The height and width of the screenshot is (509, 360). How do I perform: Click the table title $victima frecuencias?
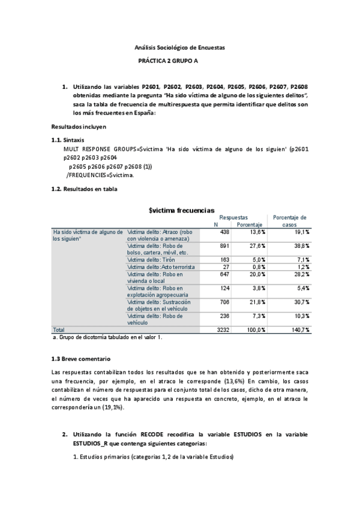(181, 211)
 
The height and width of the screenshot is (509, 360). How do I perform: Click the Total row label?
(59, 330)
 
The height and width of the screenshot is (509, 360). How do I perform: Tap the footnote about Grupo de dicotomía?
(108, 337)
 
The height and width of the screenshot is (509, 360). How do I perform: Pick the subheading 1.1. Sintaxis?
(68, 139)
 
